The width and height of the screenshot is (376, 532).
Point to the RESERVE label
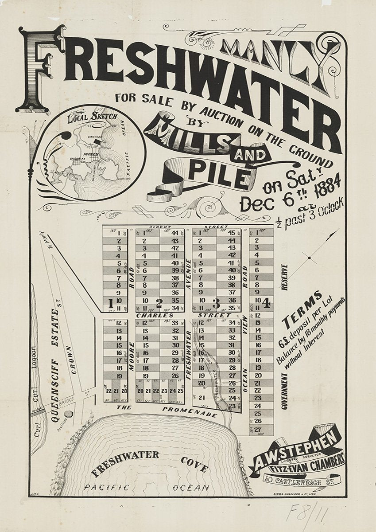(x=284, y=277)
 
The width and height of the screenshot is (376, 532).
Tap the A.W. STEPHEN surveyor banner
(x=297, y=451)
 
